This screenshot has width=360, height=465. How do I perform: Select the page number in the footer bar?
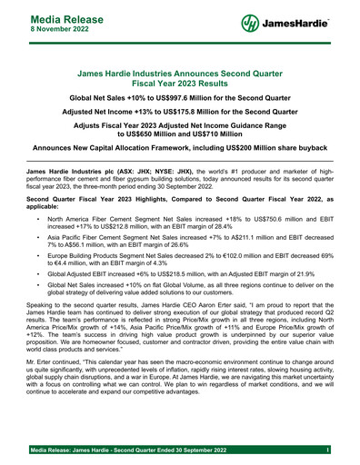pyautogui.click(x=325, y=450)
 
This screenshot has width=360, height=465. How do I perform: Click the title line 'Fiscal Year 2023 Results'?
pyautogui.click(x=179, y=82)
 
